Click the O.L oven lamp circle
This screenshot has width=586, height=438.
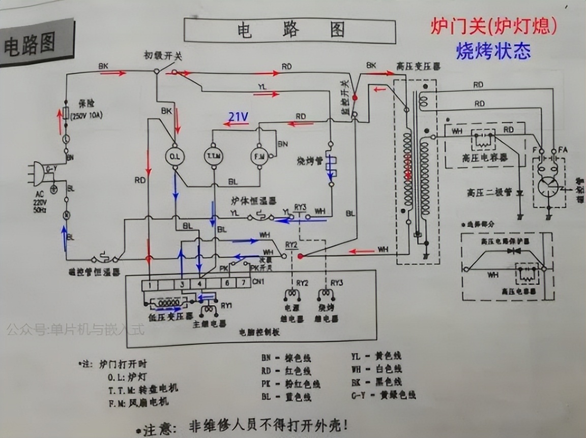(x=174, y=155)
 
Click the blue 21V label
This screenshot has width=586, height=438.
(x=238, y=117)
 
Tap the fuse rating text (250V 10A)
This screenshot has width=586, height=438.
(x=87, y=116)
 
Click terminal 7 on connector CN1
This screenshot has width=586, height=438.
(x=244, y=282)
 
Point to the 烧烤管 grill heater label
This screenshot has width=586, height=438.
(x=309, y=162)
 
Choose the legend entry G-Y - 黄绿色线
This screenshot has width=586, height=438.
(x=384, y=394)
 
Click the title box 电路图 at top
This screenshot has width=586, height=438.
(x=289, y=30)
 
